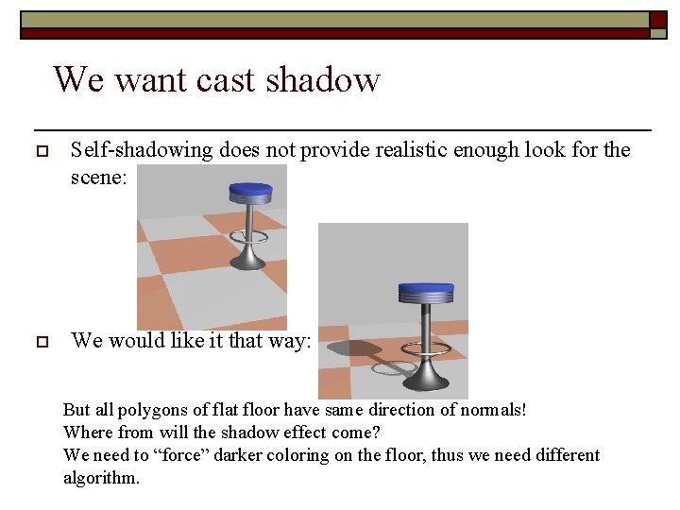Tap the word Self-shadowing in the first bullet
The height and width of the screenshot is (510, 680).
(x=142, y=150)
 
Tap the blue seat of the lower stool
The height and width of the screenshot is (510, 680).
(x=425, y=291)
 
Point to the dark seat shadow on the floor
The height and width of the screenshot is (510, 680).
(x=351, y=348)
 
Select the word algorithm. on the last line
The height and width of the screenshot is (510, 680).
(x=101, y=478)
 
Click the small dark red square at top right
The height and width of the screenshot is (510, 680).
(x=657, y=20)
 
